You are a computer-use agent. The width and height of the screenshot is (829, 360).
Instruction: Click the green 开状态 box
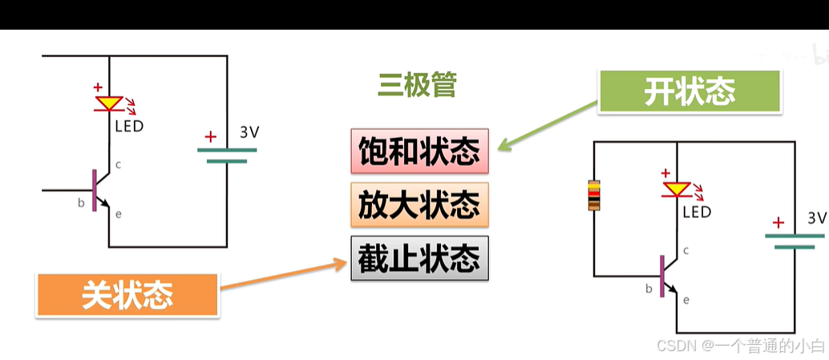click(x=689, y=91)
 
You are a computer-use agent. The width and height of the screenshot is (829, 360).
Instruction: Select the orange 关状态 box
click(x=127, y=295)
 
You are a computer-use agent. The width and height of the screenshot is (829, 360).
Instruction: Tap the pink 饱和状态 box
click(x=419, y=151)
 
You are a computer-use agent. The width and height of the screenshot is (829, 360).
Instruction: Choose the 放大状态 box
click(x=419, y=204)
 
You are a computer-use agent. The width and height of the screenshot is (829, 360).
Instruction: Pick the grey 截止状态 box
click(x=419, y=258)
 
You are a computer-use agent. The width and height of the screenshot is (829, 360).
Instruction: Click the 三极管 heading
click(x=417, y=85)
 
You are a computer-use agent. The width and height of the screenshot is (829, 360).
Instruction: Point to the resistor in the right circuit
click(x=593, y=196)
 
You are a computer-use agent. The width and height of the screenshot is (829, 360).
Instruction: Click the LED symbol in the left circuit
click(x=108, y=103)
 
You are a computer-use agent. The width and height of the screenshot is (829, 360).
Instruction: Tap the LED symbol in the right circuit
click(x=677, y=189)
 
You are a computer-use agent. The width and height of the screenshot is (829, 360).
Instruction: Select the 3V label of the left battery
click(x=250, y=132)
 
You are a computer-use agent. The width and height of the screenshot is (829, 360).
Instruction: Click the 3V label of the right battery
click(x=816, y=218)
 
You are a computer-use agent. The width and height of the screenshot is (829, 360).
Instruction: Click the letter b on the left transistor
click(x=81, y=203)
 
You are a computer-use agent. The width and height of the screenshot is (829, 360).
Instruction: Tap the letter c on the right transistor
click(x=686, y=251)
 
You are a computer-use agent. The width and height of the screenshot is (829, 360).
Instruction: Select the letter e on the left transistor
click(x=119, y=213)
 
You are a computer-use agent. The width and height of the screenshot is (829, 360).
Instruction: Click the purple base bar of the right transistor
click(x=662, y=277)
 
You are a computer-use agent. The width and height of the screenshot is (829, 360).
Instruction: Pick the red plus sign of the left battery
click(x=211, y=136)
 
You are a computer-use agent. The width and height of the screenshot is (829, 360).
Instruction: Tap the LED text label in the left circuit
click(x=129, y=126)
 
